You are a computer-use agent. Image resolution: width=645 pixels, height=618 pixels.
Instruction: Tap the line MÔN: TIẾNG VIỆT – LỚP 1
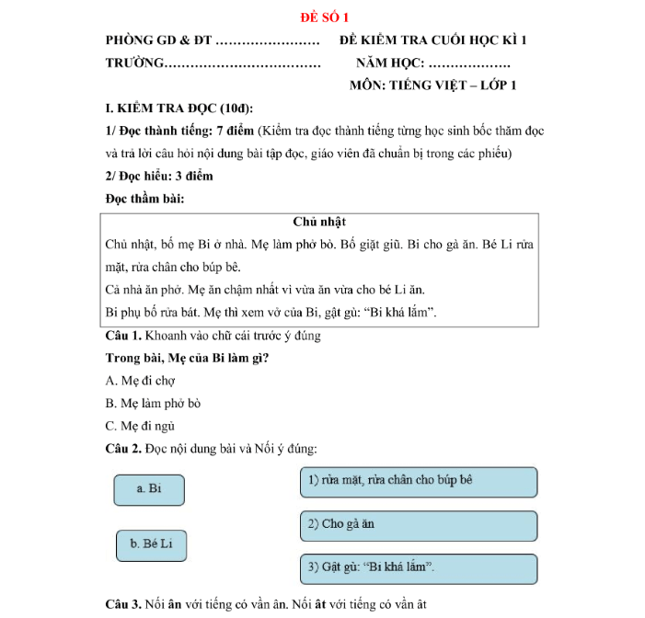pyautogui.click(x=432, y=86)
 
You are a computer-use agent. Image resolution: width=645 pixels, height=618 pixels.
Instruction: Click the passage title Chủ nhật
pyautogui.click(x=319, y=223)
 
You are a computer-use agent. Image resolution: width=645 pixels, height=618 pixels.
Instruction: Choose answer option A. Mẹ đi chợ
pyautogui.click(x=140, y=380)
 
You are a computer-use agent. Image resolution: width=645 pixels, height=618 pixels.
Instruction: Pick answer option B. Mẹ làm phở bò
pyautogui.click(x=153, y=403)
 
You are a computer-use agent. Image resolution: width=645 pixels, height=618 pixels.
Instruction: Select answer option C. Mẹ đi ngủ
pyautogui.click(x=140, y=426)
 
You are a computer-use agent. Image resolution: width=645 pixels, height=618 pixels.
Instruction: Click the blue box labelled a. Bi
pyautogui.click(x=149, y=489)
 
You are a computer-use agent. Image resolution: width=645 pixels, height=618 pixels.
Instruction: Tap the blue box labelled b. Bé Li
pyautogui.click(x=152, y=544)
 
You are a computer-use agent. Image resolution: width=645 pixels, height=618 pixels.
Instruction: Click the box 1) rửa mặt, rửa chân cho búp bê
pyautogui.click(x=418, y=481)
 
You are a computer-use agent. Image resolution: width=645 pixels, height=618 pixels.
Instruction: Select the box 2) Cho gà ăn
pyautogui.click(x=418, y=525)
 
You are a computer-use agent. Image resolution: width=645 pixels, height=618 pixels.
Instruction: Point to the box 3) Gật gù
pyautogui.click(x=418, y=568)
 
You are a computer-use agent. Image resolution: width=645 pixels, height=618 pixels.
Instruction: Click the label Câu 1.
pyautogui.click(x=122, y=336)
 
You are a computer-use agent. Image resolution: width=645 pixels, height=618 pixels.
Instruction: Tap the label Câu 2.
pyautogui.click(x=122, y=449)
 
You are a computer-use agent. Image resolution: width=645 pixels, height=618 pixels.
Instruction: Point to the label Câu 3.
pyautogui.click(x=122, y=604)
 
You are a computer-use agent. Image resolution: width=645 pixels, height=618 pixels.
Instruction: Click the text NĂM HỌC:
pyautogui.click(x=389, y=63)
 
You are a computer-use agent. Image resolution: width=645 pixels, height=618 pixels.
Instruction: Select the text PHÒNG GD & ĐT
pyautogui.click(x=158, y=41)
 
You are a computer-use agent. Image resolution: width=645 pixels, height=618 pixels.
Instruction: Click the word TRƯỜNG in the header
pyautogui.click(x=134, y=63)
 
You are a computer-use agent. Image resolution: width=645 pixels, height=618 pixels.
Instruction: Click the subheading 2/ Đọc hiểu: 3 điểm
pyautogui.click(x=159, y=176)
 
